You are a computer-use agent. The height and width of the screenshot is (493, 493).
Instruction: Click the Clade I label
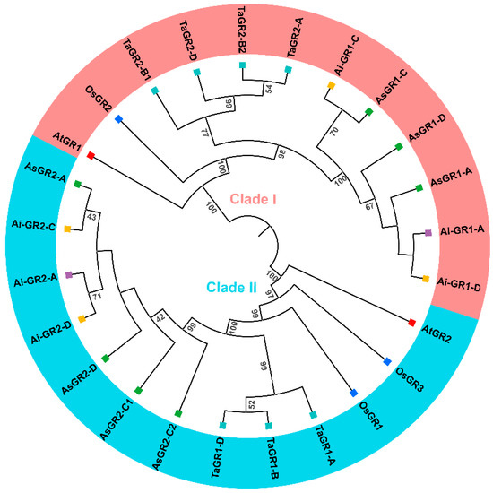pos(253,199)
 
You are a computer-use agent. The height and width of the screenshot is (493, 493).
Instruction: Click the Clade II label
pos(232,288)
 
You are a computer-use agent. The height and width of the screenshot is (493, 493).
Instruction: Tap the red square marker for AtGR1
pos(91,155)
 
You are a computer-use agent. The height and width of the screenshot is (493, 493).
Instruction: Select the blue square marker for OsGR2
pos(118,119)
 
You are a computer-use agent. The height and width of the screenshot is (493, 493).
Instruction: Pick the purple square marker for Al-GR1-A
pos(428,233)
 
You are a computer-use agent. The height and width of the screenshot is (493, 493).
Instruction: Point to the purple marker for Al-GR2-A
pos(68,275)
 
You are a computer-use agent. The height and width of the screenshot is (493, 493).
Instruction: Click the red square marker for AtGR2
pos(412,323)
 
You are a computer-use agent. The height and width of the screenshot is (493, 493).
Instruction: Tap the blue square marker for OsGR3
pos(387,361)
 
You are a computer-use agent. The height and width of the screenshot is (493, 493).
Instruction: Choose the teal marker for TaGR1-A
pos(313,415)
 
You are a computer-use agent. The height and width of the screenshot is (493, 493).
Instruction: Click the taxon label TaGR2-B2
pos(241,30)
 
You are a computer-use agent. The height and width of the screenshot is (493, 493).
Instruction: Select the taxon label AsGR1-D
pos(427,127)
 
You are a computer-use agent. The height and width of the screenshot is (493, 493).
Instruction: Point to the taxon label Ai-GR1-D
pos(459,284)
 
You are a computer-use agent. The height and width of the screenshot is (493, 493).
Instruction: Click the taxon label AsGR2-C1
pos(117,419)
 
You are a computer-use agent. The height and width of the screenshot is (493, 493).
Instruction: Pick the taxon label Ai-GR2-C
pos(34,225)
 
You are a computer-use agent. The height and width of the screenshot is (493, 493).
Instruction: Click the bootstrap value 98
pos(281,154)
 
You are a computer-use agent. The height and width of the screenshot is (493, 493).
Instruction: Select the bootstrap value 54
pos(269,89)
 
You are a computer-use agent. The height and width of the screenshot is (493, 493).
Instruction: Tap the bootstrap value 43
pos(91,217)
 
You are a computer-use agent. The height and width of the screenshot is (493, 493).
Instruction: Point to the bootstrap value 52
pos(252,404)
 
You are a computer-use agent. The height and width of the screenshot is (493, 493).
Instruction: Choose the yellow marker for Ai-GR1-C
pos(331,85)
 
